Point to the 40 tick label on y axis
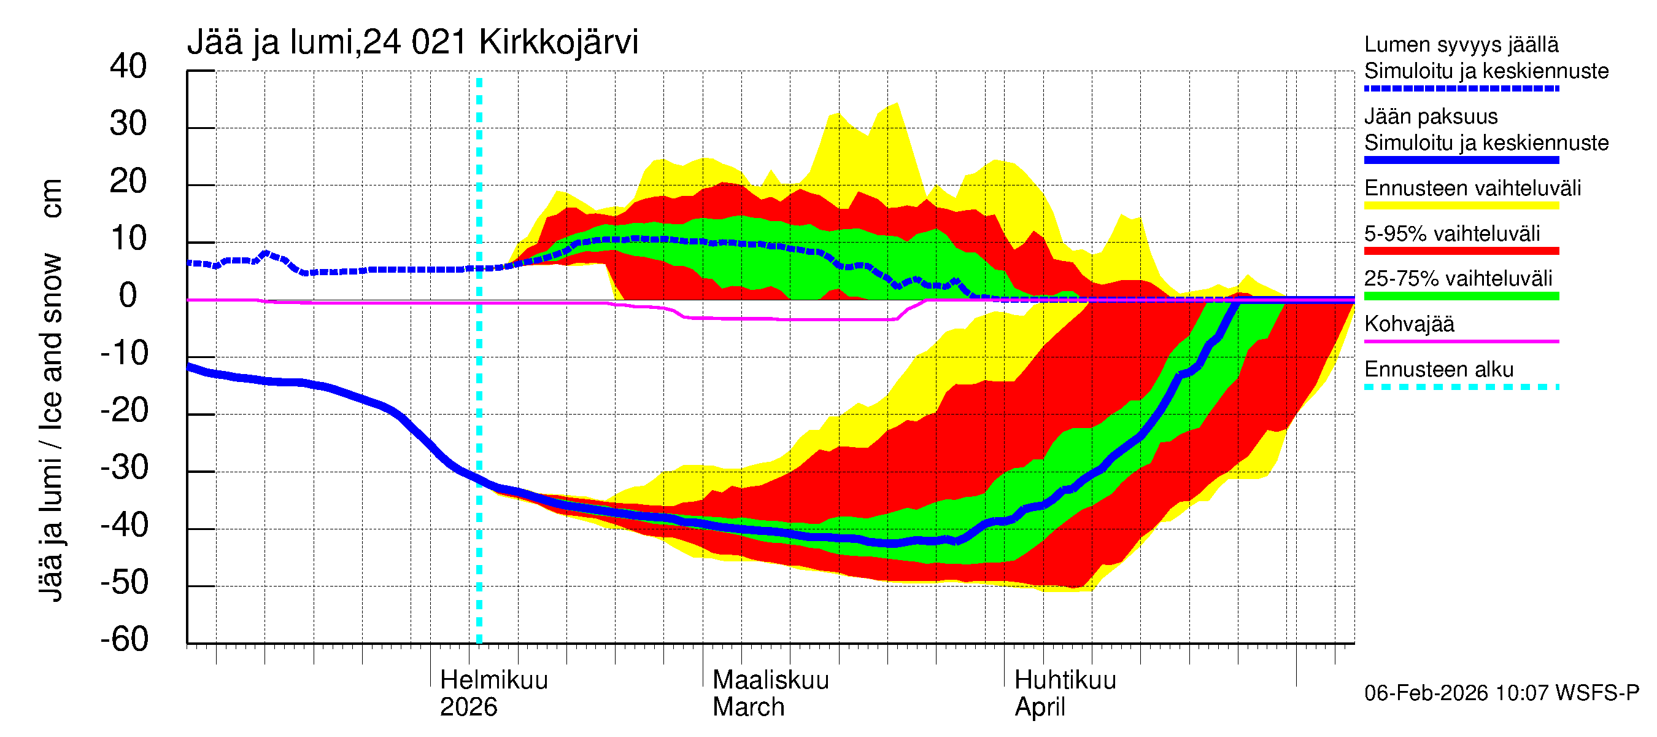point(128,66)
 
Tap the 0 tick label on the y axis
point(128,295)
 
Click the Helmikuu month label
point(493,680)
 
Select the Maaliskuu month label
point(770,680)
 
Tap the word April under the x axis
point(1040,707)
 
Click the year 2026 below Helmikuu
point(468,707)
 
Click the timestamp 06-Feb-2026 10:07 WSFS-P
point(1501,693)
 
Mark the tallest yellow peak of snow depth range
point(896,104)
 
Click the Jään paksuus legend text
point(1431,117)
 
